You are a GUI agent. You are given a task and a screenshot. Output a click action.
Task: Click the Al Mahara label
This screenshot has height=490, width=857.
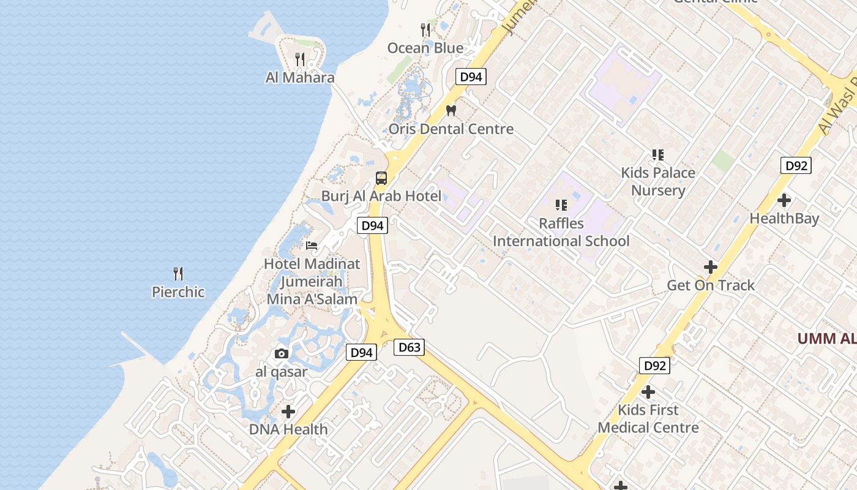coord(300,78)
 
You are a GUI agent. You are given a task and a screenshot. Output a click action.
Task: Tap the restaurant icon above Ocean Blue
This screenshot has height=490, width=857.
coord(425,29)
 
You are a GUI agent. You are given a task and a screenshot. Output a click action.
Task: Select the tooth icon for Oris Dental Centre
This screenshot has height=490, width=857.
coord(452,110)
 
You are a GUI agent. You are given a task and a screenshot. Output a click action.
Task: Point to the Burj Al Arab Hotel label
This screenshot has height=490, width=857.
coord(381,196)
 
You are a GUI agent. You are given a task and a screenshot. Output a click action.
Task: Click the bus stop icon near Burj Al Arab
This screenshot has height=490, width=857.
coord(381,178)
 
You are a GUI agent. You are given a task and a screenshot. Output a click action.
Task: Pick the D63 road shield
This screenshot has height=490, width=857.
coord(410,348)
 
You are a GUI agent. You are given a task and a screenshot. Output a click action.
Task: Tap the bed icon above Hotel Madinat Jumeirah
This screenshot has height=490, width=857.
coord(312,246)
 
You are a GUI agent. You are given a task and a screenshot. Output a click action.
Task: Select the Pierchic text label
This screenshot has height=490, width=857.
coord(178,292)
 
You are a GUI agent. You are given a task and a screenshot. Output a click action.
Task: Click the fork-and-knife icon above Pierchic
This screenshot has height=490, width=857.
coord(178,273)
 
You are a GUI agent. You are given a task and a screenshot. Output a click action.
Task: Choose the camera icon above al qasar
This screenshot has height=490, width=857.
coord(282,353)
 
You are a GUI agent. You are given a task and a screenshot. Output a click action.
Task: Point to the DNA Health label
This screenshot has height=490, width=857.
coord(288,429)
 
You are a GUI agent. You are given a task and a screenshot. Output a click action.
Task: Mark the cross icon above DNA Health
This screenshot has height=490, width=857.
coord(288,412)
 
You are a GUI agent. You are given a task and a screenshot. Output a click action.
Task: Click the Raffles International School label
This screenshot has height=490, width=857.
coord(561,232)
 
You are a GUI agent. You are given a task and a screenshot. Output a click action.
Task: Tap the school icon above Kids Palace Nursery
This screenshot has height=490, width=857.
coord(658,155)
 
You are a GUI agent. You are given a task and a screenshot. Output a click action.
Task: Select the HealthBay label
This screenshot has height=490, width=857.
coord(784,219)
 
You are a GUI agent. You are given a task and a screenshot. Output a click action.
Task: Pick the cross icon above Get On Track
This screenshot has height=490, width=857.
coord(711,267)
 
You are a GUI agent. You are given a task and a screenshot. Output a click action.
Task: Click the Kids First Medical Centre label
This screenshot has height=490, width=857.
coord(648,418)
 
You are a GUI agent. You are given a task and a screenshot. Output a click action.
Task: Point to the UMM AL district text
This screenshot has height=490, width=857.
coord(826,339)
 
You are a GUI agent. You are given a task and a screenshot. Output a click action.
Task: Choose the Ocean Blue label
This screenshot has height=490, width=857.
coord(425,48)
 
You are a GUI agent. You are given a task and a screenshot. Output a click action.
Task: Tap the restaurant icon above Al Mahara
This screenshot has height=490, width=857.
coord(300,59)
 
